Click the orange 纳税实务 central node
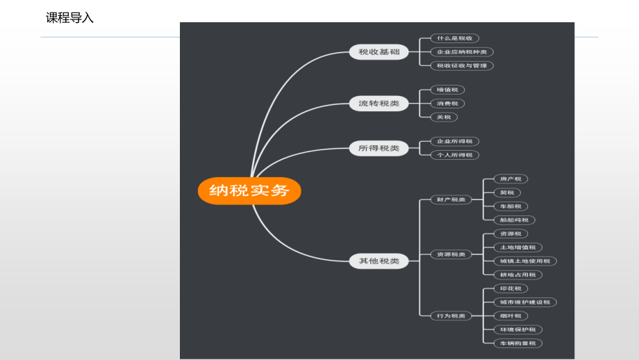pos(249,190)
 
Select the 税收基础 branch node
pos(379,51)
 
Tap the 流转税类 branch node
pos(379,104)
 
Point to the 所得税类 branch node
pos(379,148)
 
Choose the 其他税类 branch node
pos(379,261)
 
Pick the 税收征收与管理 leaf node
pos(462,65)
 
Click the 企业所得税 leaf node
pos(454,141)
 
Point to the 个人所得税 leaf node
pos(454,155)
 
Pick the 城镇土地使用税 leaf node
pos(524,261)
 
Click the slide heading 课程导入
pos(69,18)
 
